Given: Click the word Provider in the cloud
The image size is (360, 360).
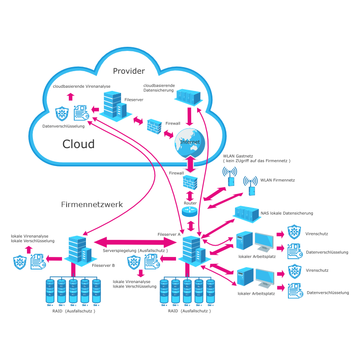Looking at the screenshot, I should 129,71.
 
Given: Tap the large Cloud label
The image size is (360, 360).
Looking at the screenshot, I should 78,144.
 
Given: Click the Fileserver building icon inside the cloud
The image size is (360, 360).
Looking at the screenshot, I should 112,105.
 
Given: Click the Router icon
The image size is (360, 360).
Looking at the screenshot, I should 189,210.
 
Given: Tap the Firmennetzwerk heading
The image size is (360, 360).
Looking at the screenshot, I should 92,205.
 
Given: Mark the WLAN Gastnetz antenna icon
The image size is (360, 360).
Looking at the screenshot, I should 230,176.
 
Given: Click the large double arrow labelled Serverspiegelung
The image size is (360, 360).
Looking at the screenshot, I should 131,243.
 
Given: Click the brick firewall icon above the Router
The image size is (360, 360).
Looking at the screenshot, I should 190,182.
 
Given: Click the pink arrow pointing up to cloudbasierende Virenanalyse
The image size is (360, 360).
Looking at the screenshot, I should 70,96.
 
